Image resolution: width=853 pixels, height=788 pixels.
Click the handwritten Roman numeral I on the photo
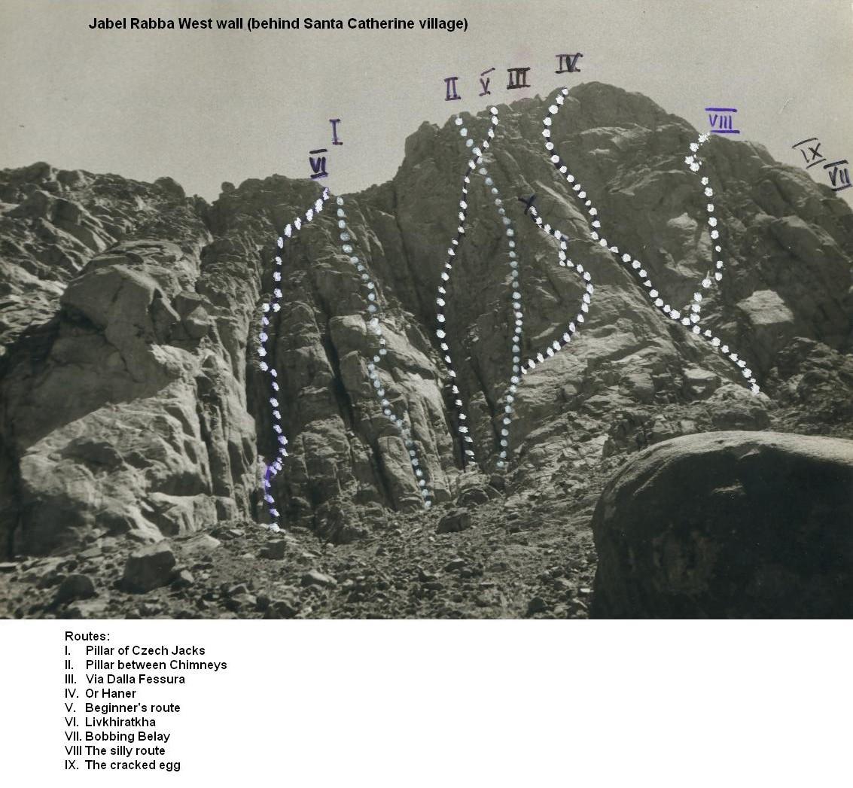pos(336,132)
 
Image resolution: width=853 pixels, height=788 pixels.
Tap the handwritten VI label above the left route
pos(318,163)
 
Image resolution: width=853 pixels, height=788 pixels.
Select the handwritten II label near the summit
pos(452,89)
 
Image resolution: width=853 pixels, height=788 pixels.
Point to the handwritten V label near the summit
pos(486,83)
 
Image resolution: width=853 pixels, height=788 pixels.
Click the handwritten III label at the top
pos(518,78)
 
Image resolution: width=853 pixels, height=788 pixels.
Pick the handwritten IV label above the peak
pos(569,63)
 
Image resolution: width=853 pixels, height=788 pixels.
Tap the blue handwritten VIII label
pos(723,120)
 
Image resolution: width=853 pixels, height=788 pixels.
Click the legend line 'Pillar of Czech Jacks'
pos(145,650)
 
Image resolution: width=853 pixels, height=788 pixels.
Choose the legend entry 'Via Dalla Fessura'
pos(135,679)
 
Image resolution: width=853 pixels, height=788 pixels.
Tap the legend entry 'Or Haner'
pos(111,693)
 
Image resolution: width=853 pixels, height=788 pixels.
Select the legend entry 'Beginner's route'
pos(133,707)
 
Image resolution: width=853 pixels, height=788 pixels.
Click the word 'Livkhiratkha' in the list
pos(120,723)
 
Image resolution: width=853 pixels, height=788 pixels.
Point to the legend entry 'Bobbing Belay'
pos(127,736)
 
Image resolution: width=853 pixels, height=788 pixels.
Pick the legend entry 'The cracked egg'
pos(133,765)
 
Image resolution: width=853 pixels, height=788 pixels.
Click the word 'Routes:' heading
pos(87,636)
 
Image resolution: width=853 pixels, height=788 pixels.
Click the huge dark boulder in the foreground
pos(723,525)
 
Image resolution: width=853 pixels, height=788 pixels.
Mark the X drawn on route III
pos(527,205)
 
